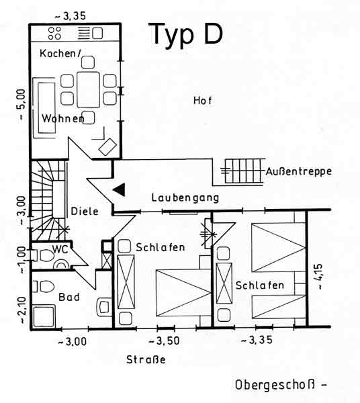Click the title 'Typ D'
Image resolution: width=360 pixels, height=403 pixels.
(x=185, y=34)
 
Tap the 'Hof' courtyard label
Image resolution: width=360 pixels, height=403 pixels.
(x=203, y=101)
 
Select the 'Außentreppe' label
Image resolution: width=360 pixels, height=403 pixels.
(x=299, y=171)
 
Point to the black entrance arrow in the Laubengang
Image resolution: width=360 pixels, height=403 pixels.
(x=119, y=189)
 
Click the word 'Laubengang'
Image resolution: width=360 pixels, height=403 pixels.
(x=185, y=198)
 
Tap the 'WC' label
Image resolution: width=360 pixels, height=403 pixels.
(x=60, y=249)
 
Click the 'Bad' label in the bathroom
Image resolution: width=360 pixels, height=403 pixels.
(x=69, y=297)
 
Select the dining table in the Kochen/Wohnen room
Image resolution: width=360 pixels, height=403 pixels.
(x=88, y=90)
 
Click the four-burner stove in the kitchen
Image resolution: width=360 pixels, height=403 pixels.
(x=54, y=34)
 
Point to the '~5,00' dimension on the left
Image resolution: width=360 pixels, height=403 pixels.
(x=21, y=104)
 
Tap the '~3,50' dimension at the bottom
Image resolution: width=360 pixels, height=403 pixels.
(x=164, y=341)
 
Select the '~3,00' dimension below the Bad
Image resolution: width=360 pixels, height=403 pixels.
(x=73, y=342)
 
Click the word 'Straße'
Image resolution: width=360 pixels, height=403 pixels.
(x=146, y=359)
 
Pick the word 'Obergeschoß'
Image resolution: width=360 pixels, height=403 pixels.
(x=275, y=385)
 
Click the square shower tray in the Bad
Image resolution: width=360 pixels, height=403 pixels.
(x=44, y=316)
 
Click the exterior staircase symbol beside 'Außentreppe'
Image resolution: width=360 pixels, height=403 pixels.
(x=243, y=171)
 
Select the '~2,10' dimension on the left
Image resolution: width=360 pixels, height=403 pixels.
(x=22, y=310)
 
